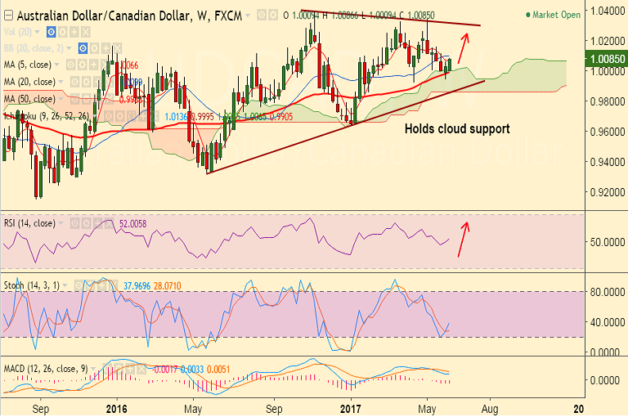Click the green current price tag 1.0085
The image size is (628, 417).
pyautogui.click(x=608, y=59)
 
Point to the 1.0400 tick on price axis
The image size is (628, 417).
pyautogui.click(x=606, y=11)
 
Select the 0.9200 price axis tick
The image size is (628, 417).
pyautogui.click(x=606, y=192)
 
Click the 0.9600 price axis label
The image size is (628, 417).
pyautogui.click(x=606, y=132)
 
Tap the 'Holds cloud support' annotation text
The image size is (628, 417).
pyautogui.click(x=457, y=128)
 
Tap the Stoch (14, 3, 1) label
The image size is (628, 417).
pyautogui.click(x=35, y=285)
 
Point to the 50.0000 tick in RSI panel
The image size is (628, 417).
pyautogui.click(x=605, y=242)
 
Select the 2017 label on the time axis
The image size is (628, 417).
pyautogui.click(x=352, y=407)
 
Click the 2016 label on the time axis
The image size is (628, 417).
pyautogui.click(x=117, y=407)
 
